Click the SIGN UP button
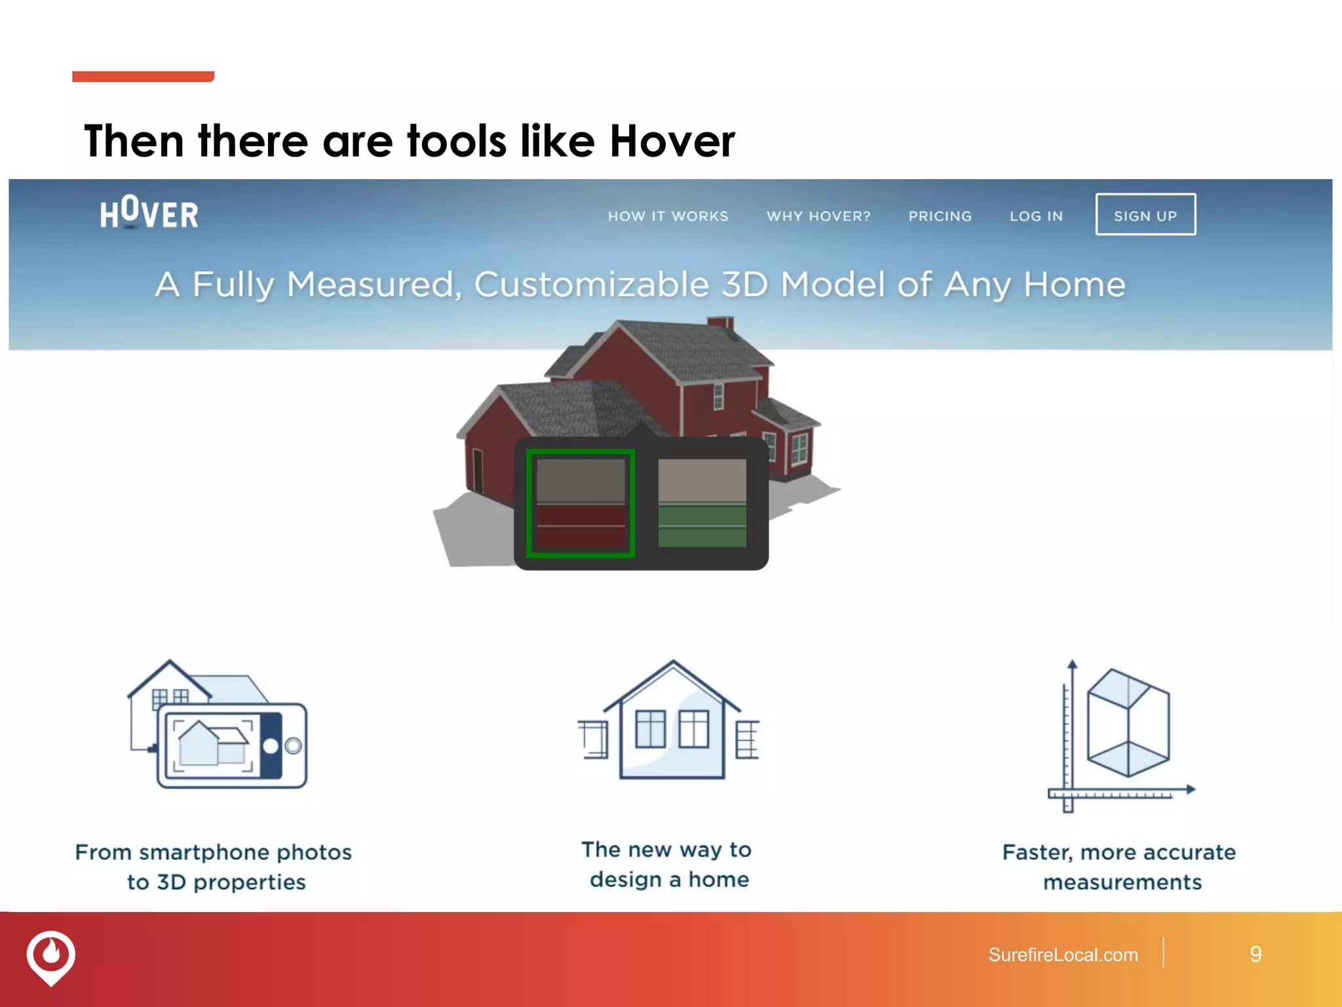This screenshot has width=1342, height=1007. pyautogui.click(x=1145, y=215)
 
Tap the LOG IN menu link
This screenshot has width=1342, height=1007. pyautogui.click(x=1036, y=216)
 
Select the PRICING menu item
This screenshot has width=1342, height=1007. pyautogui.click(x=940, y=216)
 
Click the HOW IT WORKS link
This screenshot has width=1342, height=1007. pyautogui.click(x=668, y=216)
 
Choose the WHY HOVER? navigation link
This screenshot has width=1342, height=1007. pyautogui.click(x=818, y=216)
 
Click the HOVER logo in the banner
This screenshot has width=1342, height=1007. pyautogui.click(x=149, y=214)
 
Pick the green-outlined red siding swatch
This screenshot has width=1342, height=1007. pyautogui.click(x=581, y=503)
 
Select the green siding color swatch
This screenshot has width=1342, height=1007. pyautogui.click(x=702, y=503)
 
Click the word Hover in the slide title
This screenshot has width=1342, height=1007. pyautogui.click(x=672, y=142)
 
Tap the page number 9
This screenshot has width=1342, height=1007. pyautogui.click(x=1255, y=955)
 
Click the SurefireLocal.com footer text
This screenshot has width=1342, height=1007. pyautogui.click(x=1063, y=955)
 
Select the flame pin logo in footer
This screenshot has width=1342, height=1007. pyautogui.click(x=51, y=956)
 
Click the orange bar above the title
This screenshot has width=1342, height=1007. pyautogui.click(x=143, y=77)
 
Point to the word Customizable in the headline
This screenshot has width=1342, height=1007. pyautogui.click(x=591, y=285)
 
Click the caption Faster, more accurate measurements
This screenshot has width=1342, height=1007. pyautogui.click(x=1119, y=867)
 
